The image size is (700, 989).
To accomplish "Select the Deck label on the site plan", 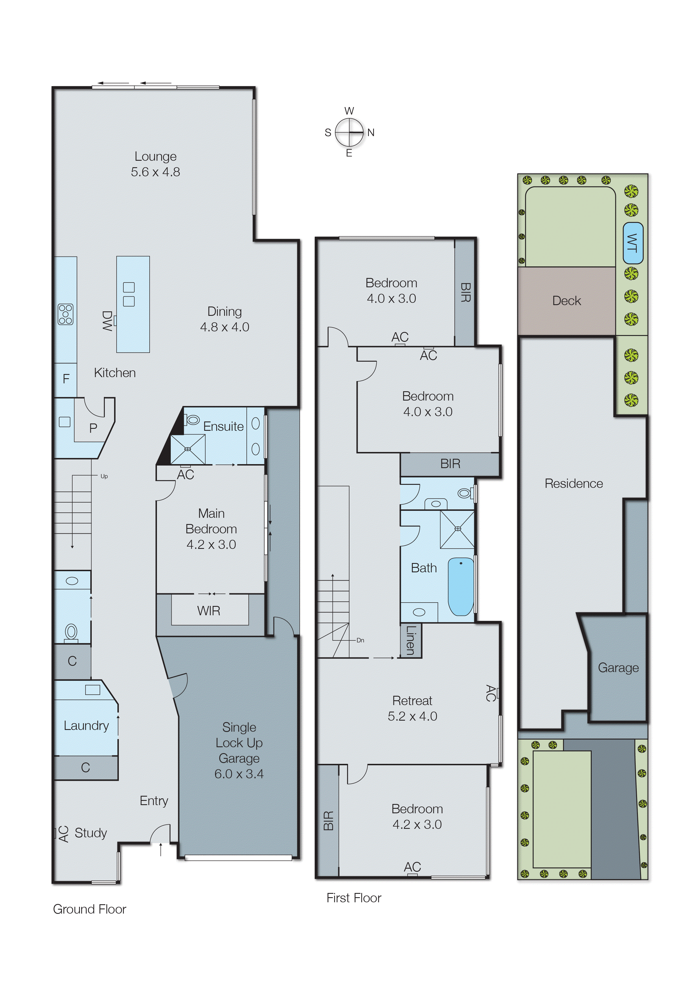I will pos(566,301).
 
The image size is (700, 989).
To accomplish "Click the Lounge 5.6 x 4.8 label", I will pos(156,164).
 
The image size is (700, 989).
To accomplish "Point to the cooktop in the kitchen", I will pos(65,314).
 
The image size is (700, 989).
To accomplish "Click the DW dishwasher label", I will pos(107,321).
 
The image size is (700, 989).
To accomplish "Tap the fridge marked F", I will pos(66,379).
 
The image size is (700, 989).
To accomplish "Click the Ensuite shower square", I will pos(187,449).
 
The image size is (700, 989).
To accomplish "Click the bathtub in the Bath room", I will pos(460,586).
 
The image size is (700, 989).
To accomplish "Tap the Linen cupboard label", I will pos(411,640).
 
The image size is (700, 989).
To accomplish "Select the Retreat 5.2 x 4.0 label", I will pos(412,708).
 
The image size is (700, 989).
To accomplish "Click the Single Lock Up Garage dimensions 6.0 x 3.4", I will pos(239,774).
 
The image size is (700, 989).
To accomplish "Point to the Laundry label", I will pos(86,725).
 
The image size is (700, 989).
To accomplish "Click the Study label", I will pos(91,833).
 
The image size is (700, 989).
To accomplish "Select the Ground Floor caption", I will pos(90,909).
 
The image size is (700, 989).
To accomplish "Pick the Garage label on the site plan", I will pos(618,668).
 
